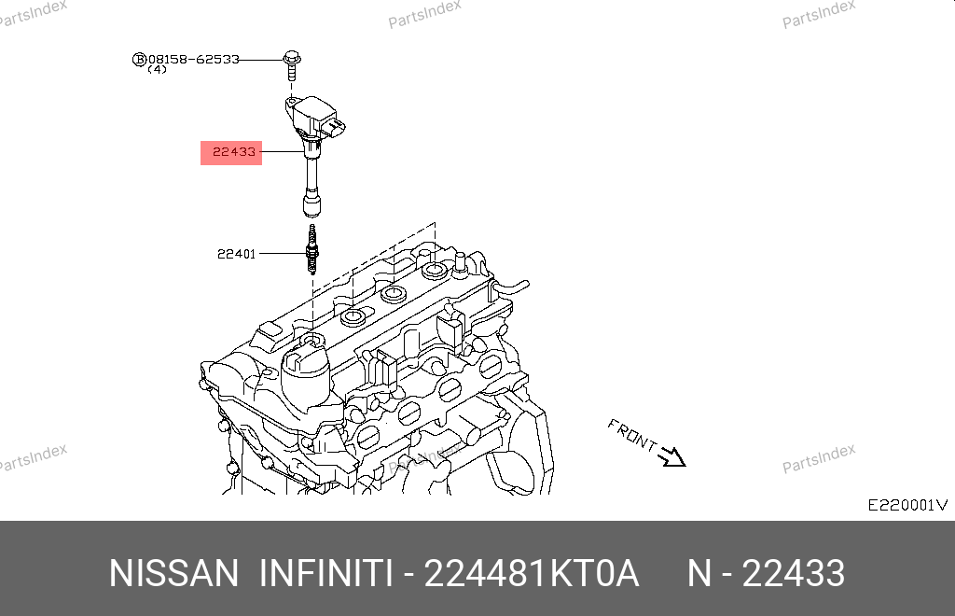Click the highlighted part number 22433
[x=234, y=152]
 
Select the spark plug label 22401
[x=236, y=254]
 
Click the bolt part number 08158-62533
[x=194, y=59]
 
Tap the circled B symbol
[x=140, y=59]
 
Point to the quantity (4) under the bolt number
[x=157, y=69]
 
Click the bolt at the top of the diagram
[x=292, y=66]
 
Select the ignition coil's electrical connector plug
[x=335, y=127]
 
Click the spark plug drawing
[x=312, y=249]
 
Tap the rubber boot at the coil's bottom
[x=311, y=203]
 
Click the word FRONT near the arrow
[x=632, y=435]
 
